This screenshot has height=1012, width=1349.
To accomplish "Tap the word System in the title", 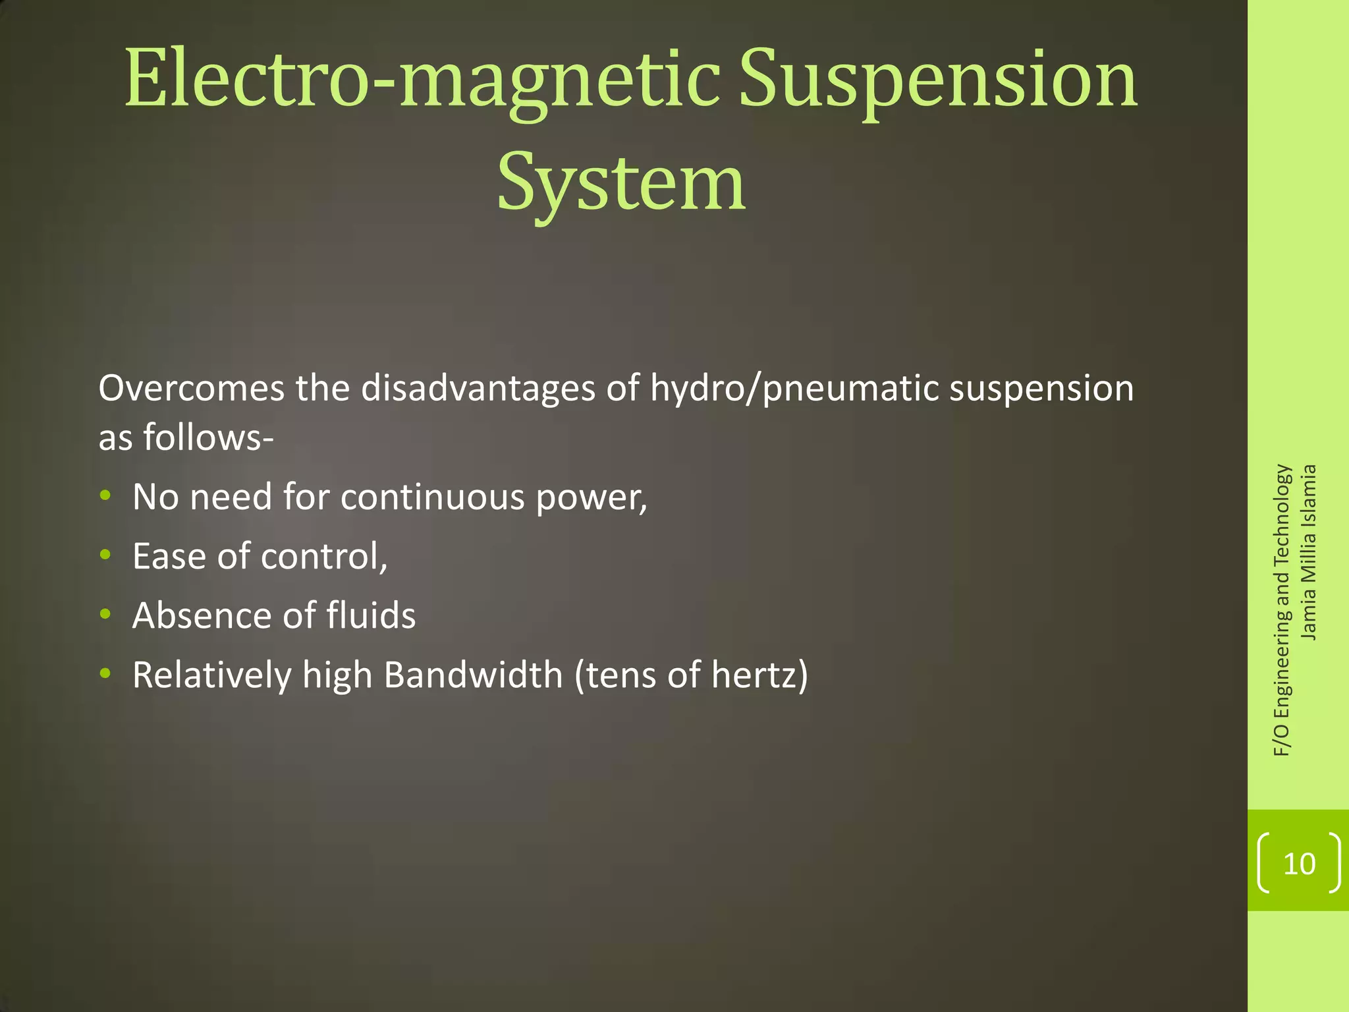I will pyautogui.click(x=621, y=182).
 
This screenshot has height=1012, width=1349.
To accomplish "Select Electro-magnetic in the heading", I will pyautogui.click(x=422, y=80).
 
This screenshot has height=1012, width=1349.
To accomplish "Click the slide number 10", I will pyautogui.click(x=1299, y=863).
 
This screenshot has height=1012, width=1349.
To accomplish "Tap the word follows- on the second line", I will pyautogui.click(x=208, y=437).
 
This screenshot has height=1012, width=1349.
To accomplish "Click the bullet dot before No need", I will pyautogui.click(x=105, y=495).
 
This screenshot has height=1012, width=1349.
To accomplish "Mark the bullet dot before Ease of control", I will pyautogui.click(x=105, y=555).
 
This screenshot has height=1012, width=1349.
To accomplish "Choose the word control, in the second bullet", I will pyautogui.click(x=324, y=557).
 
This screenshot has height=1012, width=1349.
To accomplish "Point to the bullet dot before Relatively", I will pyautogui.click(x=105, y=673).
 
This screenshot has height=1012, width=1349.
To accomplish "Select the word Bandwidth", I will pyautogui.click(x=473, y=675).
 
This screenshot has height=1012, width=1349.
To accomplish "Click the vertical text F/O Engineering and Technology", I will pyautogui.click(x=1282, y=610).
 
